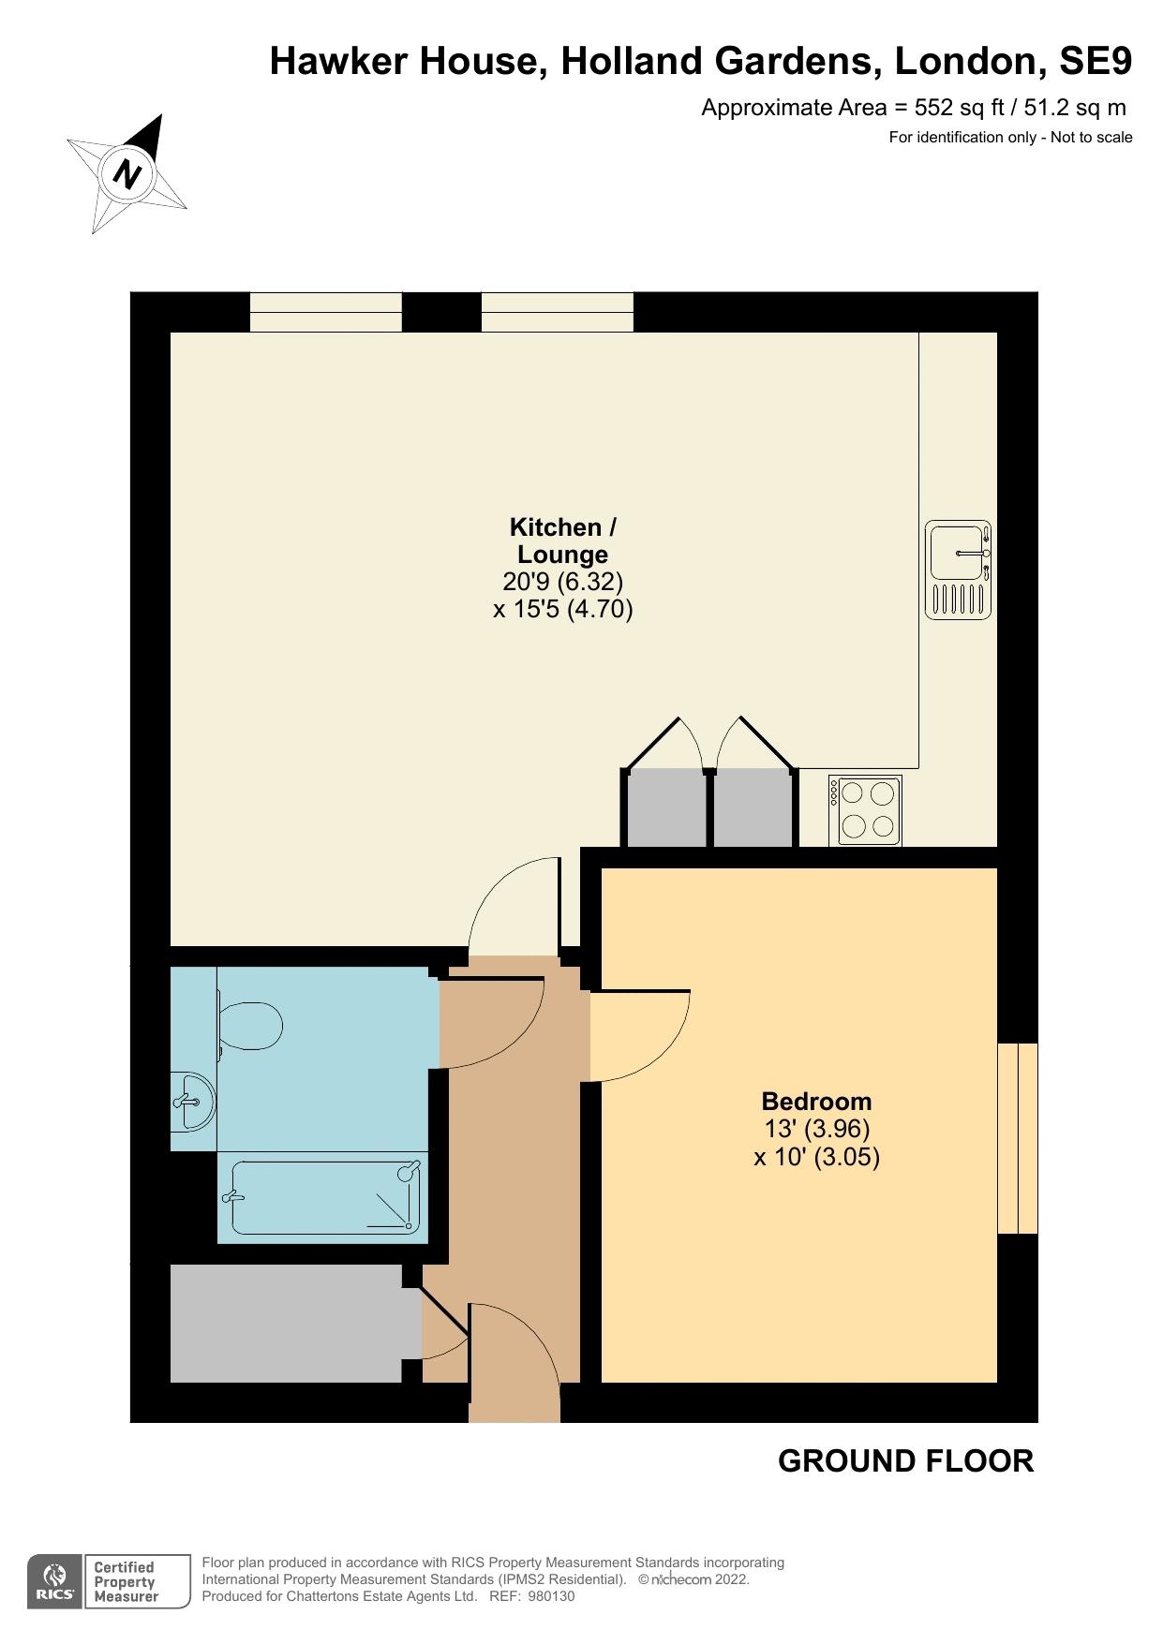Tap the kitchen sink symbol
tap(958, 570)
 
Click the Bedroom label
tap(816, 1101)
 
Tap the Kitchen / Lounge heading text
tap(562, 541)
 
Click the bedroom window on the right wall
tap(1018, 1137)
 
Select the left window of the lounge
tap(325, 312)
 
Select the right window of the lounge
tap(557, 312)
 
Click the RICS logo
tap(54, 1582)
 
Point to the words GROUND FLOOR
tap(905, 1460)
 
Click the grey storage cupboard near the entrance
tap(286, 1323)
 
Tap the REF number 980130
tap(551, 1596)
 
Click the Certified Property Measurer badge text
tap(126, 1582)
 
